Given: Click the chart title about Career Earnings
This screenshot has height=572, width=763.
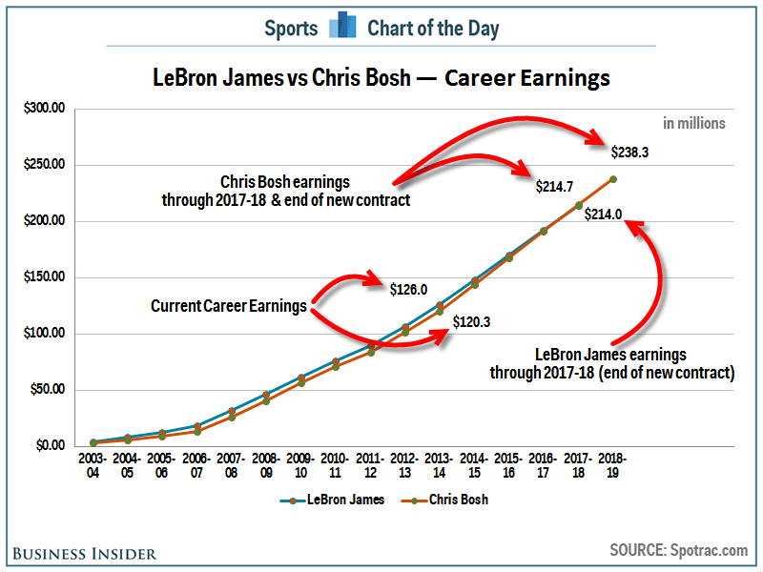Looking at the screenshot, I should tap(381, 77).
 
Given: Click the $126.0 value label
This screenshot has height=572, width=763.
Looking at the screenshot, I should tap(409, 289).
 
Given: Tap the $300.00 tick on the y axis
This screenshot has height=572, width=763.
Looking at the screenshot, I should tap(44, 109).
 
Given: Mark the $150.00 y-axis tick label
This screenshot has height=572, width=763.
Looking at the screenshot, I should tap(44, 277).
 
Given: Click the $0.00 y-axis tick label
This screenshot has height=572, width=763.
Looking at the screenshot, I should tap(48, 446).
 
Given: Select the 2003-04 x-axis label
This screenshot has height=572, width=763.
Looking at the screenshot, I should tap(93, 466).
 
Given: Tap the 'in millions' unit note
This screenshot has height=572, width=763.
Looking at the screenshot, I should tap(694, 123).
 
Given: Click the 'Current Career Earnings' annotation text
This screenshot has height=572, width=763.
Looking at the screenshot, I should tap(229, 306).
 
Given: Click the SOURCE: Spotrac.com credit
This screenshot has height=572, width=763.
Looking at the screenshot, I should tap(679, 550).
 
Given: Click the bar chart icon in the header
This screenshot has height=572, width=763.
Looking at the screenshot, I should tap(342, 27).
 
